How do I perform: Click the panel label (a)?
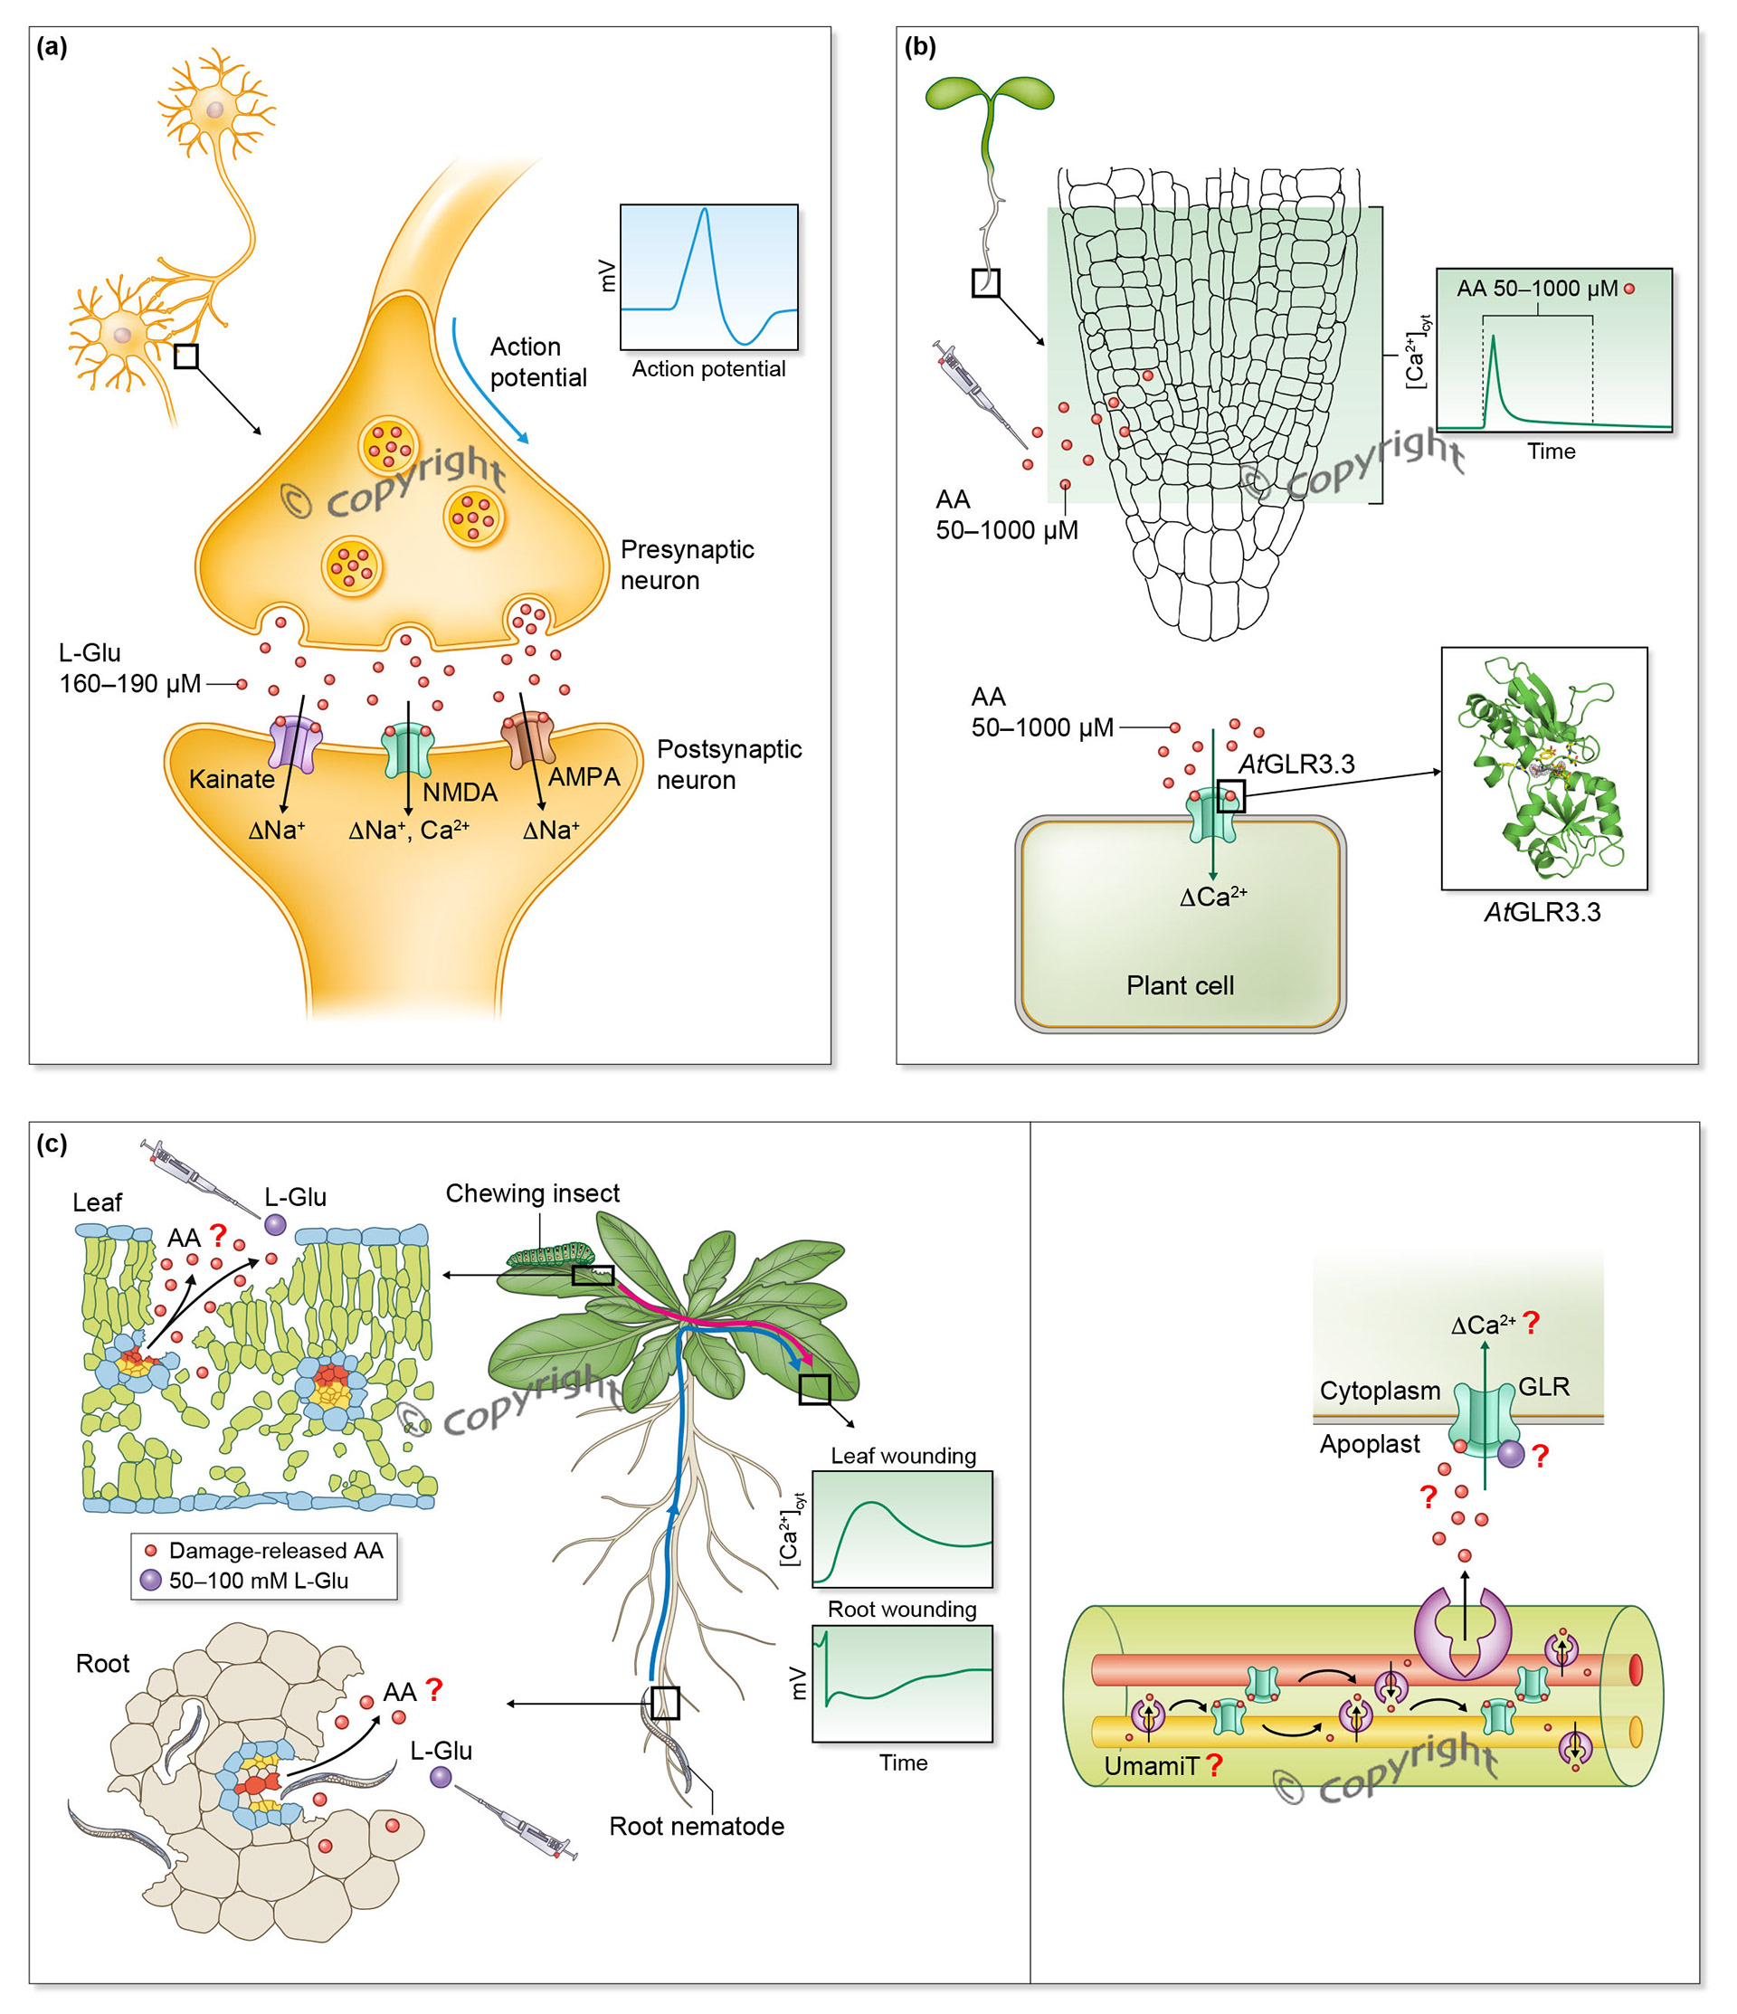point(52,47)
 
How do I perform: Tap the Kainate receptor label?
point(232,780)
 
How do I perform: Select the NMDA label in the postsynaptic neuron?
point(460,793)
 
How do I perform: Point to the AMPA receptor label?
point(584,776)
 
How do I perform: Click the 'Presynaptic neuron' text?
point(687,565)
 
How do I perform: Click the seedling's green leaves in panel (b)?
point(990,94)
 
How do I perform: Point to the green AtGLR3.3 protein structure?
point(1542,768)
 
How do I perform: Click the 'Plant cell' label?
point(1180,985)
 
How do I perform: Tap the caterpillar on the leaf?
point(549,1254)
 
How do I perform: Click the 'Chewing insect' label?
point(532,1192)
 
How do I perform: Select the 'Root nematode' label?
point(696,1826)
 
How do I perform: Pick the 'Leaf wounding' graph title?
point(903,1455)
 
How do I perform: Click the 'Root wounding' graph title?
point(901,1609)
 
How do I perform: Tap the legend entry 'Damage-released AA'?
point(275,1551)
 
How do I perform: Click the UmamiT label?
point(1152,1766)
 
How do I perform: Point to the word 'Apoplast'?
point(1369,1443)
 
